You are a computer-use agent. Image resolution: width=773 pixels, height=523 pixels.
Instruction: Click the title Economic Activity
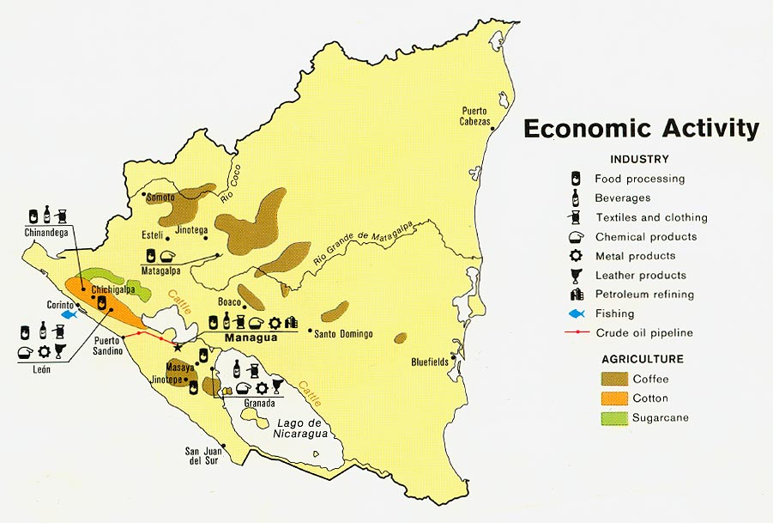pos(641,128)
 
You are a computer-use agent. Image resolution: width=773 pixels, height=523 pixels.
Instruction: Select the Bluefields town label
pos(430,362)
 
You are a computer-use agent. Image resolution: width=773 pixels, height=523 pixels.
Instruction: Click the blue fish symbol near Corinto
pos(67,314)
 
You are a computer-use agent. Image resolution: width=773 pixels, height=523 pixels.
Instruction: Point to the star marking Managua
pos(178,347)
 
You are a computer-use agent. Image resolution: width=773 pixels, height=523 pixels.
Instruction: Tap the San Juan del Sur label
pos(202,456)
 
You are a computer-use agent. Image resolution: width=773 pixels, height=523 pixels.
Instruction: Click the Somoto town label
pos(160,198)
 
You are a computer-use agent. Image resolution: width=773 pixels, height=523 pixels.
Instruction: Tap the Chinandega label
pos(47,232)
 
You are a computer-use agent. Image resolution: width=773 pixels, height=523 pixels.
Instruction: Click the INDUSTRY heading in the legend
pos(639,159)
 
